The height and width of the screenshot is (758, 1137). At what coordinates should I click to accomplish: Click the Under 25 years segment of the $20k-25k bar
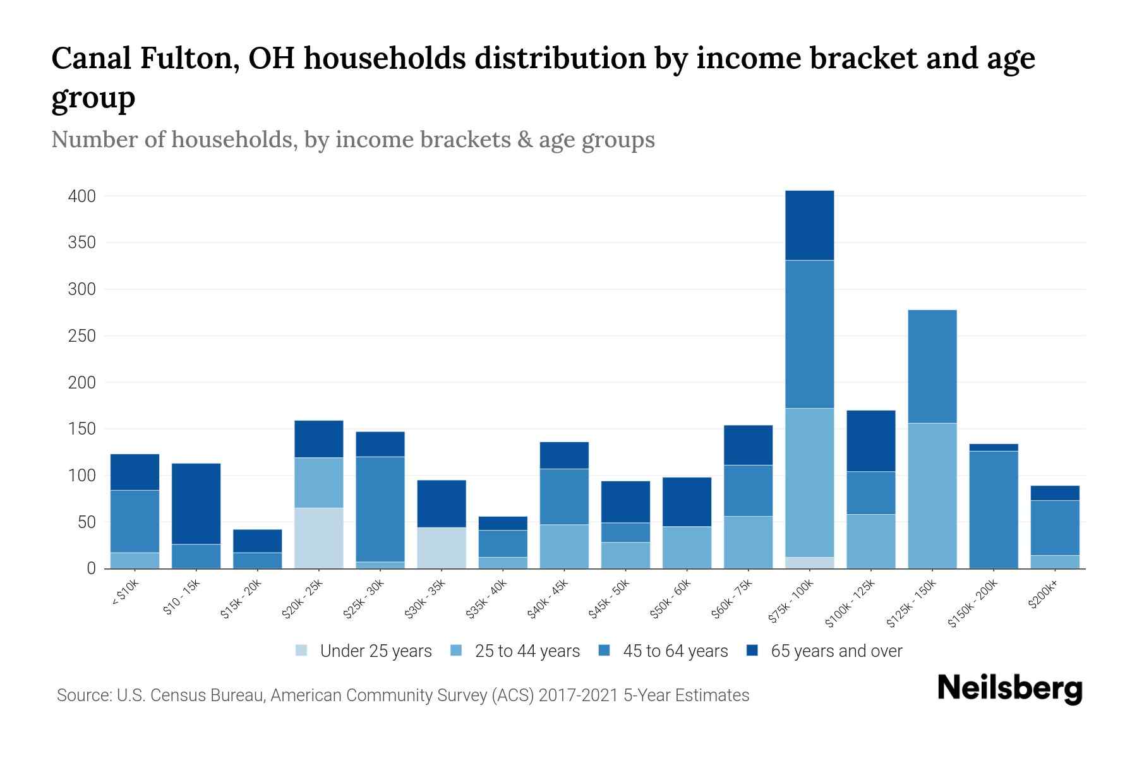click(319, 538)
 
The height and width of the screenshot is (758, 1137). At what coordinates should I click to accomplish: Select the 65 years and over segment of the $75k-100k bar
click(809, 225)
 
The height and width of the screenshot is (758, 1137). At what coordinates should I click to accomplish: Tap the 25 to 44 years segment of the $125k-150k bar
click(932, 495)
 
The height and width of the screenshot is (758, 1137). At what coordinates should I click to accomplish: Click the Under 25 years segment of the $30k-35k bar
click(442, 548)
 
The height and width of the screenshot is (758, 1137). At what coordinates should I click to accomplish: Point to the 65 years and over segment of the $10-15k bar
click(196, 503)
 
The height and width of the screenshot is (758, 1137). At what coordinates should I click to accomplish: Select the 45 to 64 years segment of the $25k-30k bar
click(380, 508)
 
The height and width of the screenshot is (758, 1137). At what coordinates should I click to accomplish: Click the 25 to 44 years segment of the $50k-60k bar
click(687, 547)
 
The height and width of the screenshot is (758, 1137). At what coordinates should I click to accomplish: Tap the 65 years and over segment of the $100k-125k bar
click(870, 441)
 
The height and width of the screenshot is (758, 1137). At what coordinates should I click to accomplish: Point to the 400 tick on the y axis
click(81, 196)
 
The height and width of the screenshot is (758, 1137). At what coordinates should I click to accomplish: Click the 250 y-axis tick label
click(81, 336)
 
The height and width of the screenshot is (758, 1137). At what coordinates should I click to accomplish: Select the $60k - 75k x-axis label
click(732, 599)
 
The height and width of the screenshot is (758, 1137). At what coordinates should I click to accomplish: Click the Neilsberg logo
click(1009, 688)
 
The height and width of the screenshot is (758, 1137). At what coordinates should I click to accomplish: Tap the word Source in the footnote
click(81, 695)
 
